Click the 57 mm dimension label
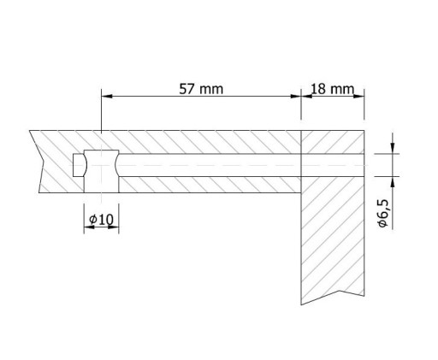[x=201, y=89]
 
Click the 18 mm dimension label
[x=332, y=89]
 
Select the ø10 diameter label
[x=101, y=219]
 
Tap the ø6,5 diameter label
[x=382, y=213]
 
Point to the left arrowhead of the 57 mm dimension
[x=107, y=97]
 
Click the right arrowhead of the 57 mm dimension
[x=296, y=97]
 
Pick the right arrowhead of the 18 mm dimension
[x=358, y=97]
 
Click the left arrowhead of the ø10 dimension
[x=89, y=227]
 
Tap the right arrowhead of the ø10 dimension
[x=113, y=227]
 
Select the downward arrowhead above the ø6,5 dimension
[x=393, y=148]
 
